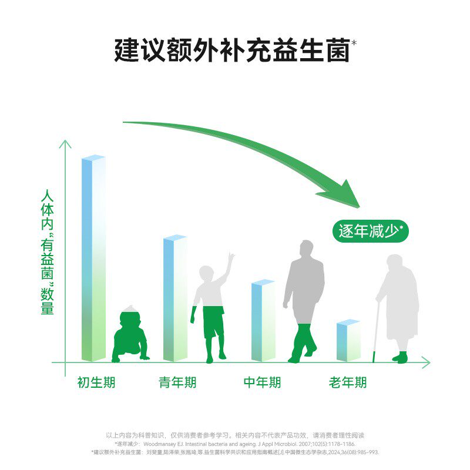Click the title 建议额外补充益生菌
coord(232,51)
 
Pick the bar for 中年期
coord(263,321)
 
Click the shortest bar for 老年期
coord(348,341)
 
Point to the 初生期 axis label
coord(96,383)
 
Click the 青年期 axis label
coord(177,383)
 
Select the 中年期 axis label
coord(262,383)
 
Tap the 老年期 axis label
coord(348,383)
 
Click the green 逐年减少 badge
coord(370,231)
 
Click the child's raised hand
coord(231,258)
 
